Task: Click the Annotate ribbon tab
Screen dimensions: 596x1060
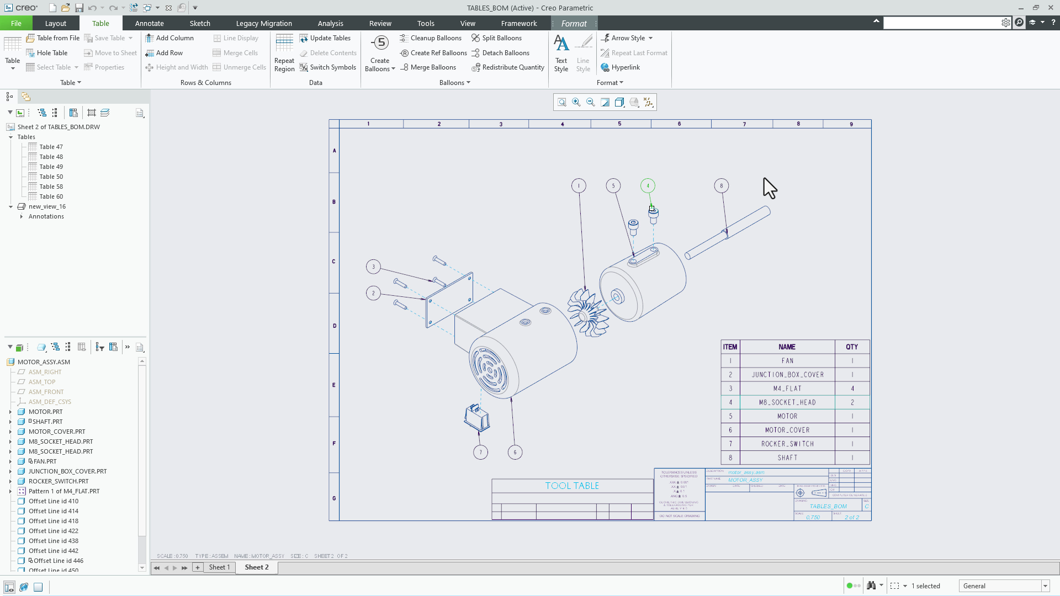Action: click(x=149, y=23)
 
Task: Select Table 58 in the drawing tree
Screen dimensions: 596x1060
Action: click(x=51, y=187)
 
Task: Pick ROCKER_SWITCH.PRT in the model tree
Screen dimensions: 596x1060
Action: click(x=58, y=481)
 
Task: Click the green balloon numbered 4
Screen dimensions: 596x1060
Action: click(x=648, y=186)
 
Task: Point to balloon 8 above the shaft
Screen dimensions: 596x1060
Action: click(x=721, y=186)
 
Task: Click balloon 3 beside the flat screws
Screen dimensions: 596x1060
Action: click(x=373, y=267)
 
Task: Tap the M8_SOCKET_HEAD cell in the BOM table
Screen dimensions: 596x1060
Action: click(x=787, y=402)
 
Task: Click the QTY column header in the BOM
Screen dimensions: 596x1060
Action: click(x=851, y=347)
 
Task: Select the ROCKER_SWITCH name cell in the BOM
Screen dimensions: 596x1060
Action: click(x=787, y=444)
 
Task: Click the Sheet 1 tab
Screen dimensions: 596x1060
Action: click(x=219, y=567)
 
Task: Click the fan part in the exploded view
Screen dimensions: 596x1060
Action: click(x=587, y=312)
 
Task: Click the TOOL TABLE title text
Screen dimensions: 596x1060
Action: click(x=572, y=486)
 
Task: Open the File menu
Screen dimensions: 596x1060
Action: click(x=16, y=23)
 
